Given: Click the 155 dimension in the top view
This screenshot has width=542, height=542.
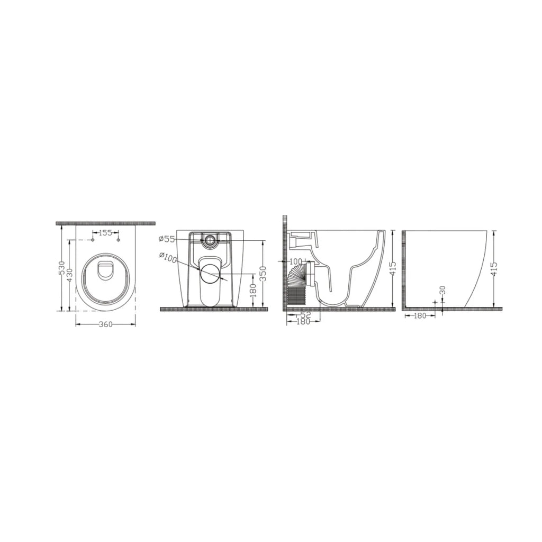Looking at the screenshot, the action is (105, 233).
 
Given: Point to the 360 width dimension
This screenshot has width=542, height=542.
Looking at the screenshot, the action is (106, 324).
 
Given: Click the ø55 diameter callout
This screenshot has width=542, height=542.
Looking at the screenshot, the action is (167, 239).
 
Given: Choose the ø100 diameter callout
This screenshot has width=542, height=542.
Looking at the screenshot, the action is (168, 258).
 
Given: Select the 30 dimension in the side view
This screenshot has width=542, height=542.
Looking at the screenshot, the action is (443, 291).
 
